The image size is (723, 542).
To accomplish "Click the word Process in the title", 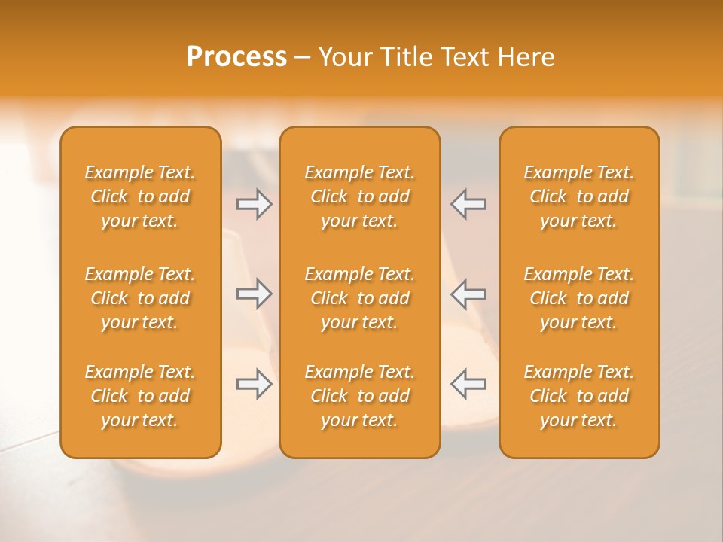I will click(x=236, y=57).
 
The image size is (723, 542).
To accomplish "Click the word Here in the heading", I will click(x=526, y=57).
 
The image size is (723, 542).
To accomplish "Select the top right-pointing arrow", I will click(x=254, y=204).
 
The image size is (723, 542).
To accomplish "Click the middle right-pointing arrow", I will click(x=254, y=294).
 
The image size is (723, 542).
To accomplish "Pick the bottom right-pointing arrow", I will click(x=254, y=384).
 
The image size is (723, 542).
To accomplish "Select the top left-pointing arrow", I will click(x=468, y=204).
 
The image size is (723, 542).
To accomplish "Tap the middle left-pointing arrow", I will click(x=468, y=294).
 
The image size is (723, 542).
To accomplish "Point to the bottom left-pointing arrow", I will click(x=468, y=384).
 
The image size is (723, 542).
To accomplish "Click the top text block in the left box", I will click(x=140, y=196).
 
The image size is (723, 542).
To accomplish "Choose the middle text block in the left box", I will click(x=140, y=298).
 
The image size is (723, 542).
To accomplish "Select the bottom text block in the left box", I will click(x=140, y=396).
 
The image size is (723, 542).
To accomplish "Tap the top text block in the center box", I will click(x=360, y=196).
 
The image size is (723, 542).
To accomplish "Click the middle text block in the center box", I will click(x=360, y=298).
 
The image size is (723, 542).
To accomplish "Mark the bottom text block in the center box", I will click(x=360, y=396).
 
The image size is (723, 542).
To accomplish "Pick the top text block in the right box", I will click(x=579, y=196).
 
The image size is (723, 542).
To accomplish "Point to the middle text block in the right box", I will click(x=579, y=298).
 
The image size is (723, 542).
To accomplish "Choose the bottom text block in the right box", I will click(x=579, y=396).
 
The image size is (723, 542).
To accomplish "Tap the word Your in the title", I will click(x=343, y=57).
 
